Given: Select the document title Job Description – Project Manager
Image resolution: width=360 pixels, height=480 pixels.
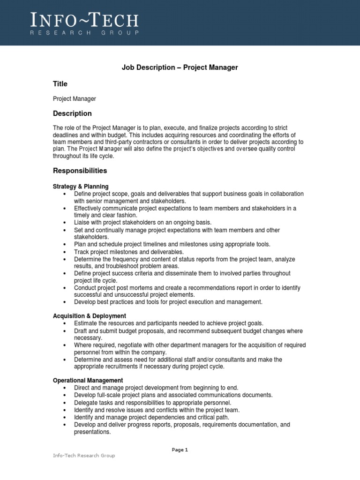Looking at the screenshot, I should coord(180,67).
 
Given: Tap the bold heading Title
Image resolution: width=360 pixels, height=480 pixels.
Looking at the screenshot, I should coord(60,84).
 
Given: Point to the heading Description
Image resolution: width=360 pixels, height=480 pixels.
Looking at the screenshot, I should coord(72,113).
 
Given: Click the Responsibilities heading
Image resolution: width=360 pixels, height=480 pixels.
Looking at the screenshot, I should coord(80,171).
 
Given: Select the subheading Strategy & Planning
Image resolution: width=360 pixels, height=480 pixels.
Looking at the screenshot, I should coord(81,187).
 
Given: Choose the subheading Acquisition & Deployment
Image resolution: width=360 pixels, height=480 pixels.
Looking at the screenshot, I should coord(90,316).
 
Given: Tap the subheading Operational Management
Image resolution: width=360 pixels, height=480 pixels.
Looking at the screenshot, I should coord(88,381).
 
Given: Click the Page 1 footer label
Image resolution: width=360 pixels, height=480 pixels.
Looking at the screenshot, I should coord(180,450).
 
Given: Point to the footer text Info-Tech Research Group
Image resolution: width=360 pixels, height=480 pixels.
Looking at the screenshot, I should coord(83,456).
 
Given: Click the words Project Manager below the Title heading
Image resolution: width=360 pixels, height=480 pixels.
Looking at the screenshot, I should coord(74,99).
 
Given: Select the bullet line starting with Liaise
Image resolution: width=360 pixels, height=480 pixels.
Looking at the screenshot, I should coord(143,223).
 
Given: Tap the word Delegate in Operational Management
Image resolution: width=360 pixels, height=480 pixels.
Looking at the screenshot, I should coord(87,403).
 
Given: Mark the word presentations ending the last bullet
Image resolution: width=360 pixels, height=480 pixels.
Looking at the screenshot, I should coord(92,432).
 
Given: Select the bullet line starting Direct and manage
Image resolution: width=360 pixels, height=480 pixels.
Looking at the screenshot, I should coord(156,388).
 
